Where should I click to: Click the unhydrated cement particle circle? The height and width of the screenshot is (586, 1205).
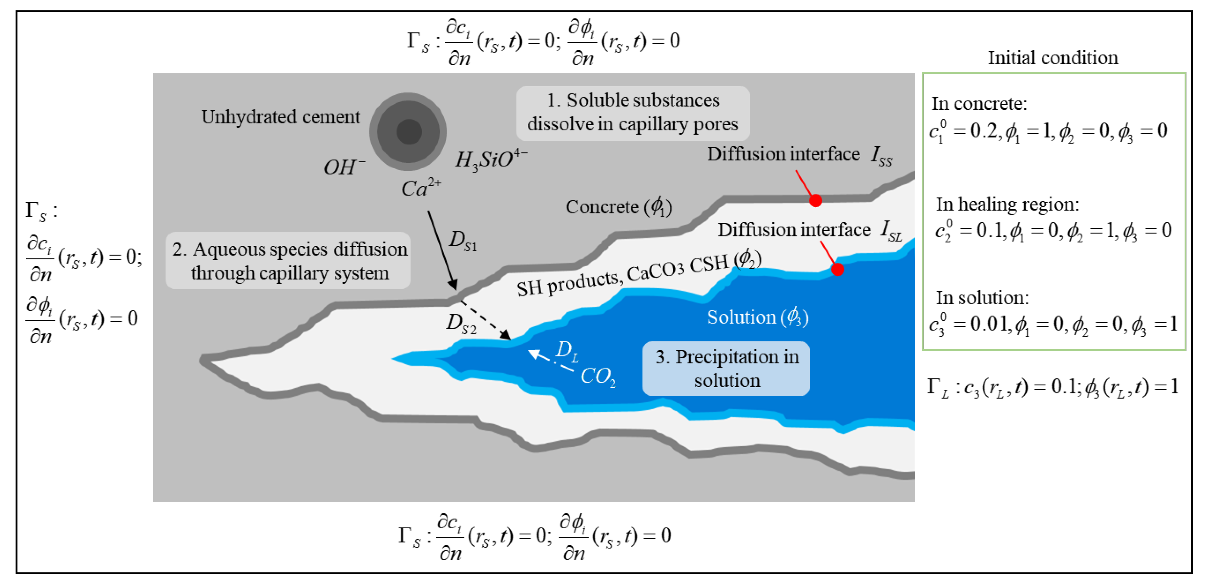click(408, 132)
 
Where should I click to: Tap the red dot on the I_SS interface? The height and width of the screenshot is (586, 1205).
click(815, 200)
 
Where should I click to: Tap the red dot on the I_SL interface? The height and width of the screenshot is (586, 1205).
click(837, 269)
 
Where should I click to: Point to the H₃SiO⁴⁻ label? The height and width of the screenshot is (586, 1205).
click(491, 159)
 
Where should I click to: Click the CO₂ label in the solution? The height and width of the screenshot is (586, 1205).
click(598, 376)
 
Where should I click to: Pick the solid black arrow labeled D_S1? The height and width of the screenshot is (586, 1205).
click(442, 250)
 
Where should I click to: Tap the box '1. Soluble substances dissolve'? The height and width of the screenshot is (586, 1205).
click(632, 113)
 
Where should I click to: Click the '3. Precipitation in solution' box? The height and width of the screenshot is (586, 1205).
click(726, 368)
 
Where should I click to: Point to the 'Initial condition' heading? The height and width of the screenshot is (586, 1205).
click(1052, 58)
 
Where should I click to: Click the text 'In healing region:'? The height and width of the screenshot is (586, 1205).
click(1007, 205)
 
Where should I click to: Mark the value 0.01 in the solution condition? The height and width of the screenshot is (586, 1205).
click(989, 323)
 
